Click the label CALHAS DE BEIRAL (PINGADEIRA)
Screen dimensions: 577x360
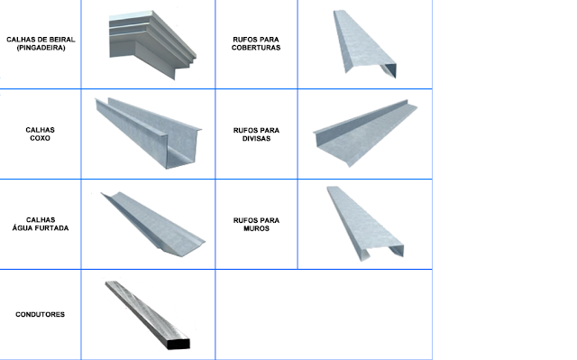[x=41, y=43]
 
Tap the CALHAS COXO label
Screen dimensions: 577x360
[x=40, y=134]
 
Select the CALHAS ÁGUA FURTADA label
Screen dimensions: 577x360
[x=41, y=224]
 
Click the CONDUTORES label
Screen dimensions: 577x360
[x=40, y=314]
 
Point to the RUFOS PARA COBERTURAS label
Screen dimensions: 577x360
[x=256, y=43]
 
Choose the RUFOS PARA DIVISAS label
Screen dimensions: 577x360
[x=256, y=134]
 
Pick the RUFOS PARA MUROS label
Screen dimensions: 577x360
[x=256, y=224]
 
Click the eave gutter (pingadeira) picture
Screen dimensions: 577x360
[x=152, y=43]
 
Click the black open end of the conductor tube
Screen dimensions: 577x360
[x=179, y=344]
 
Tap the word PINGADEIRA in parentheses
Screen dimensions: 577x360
[x=41, y=48]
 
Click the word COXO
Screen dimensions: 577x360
[x=40, y=138]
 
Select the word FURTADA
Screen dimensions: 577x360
[x=52, y=228]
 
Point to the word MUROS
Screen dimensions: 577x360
[x=256, y=228]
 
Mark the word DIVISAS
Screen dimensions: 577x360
[x=256, y=138]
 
